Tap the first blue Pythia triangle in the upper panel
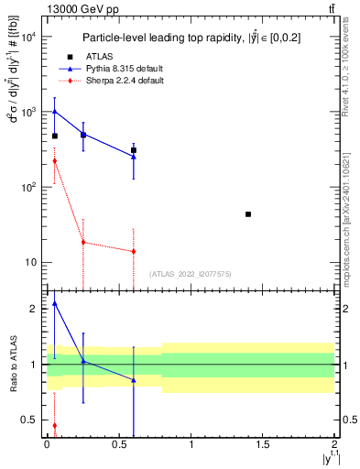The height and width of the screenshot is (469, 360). point(55,112)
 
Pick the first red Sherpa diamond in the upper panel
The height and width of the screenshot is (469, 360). point(55,161)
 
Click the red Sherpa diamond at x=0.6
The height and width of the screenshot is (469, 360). point(134,251)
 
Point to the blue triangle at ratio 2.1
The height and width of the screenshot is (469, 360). point(55,303)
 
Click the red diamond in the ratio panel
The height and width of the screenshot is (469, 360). point(55,425)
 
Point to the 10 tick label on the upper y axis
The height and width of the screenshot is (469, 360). point(30,262)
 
